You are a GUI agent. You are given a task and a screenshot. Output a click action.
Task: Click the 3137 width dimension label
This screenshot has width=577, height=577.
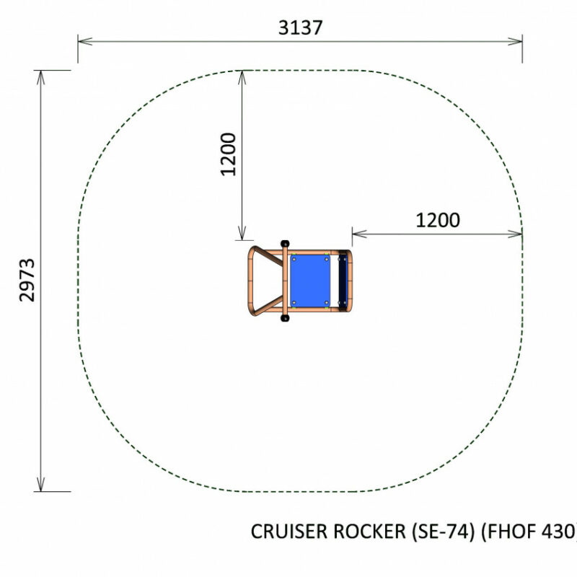coord(300,27)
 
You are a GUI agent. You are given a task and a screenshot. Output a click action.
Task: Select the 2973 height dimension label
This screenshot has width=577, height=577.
coord(27,280)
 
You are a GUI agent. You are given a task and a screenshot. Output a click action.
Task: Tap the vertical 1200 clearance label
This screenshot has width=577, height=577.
coord(228,154)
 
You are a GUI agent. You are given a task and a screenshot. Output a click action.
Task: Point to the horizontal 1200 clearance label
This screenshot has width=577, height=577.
coord(438,220)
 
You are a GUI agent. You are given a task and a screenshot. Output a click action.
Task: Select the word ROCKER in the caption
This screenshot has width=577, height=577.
coord(369,532)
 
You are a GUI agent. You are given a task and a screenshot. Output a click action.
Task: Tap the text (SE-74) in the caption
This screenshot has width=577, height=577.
coord(444,532)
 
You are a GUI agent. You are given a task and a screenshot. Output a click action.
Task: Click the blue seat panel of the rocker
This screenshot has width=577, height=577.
coord(310,281)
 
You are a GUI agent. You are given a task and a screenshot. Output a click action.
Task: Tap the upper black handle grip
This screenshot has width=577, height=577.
coord(285,244)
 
